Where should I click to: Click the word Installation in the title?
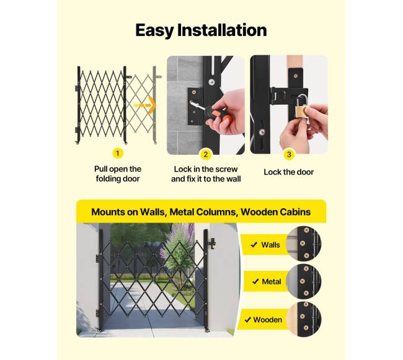pos(222,30)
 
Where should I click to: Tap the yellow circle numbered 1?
pos(118,153)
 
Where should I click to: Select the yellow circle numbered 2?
pos(206,154)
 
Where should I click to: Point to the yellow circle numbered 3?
pos(289,154)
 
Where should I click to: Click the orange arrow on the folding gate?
pos(144,105)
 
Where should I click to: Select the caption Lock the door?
pos(289,172)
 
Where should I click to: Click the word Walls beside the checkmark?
pos(270,245)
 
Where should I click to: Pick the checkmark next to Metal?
pos(255,282)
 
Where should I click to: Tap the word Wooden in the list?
pos(268,320)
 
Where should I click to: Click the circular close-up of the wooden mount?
pos(304,320)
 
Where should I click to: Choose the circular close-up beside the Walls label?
pos(304,244)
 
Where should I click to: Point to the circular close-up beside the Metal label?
pos(304,281)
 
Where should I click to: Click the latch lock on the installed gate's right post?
pos(212,244)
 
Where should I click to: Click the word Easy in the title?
pos(155,30)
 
